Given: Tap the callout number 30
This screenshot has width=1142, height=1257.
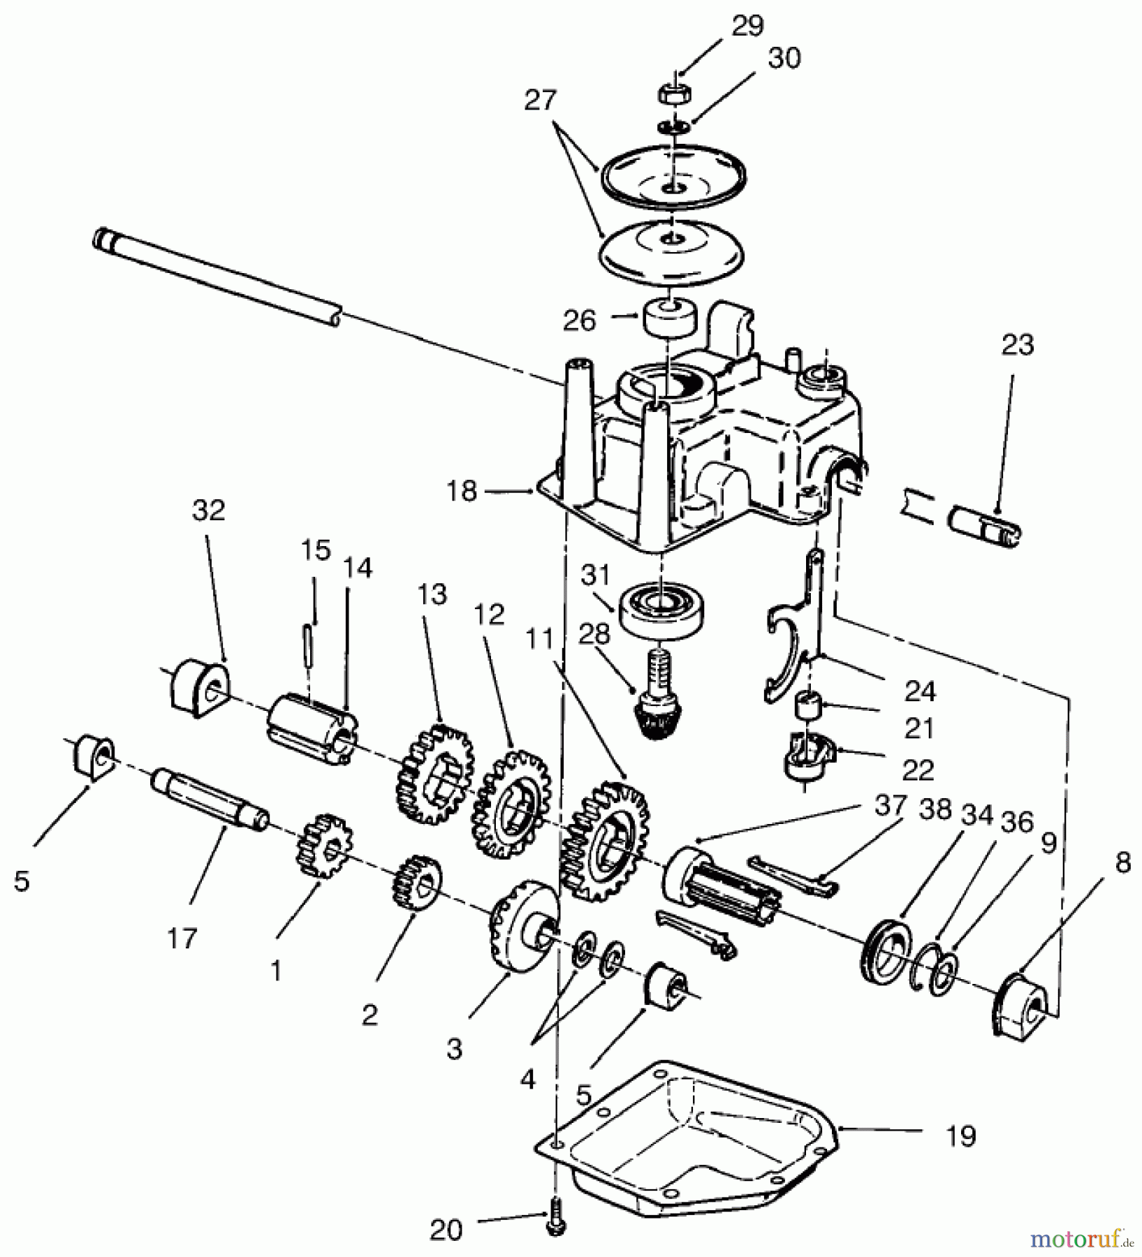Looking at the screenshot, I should (784, 59).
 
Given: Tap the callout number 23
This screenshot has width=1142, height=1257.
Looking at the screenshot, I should (1016, 345).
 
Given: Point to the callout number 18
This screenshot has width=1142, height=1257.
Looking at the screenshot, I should (462, 492).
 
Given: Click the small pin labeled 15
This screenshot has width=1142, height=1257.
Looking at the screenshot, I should (308, 649).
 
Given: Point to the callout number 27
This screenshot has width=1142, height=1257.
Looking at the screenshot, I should (541, 101).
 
